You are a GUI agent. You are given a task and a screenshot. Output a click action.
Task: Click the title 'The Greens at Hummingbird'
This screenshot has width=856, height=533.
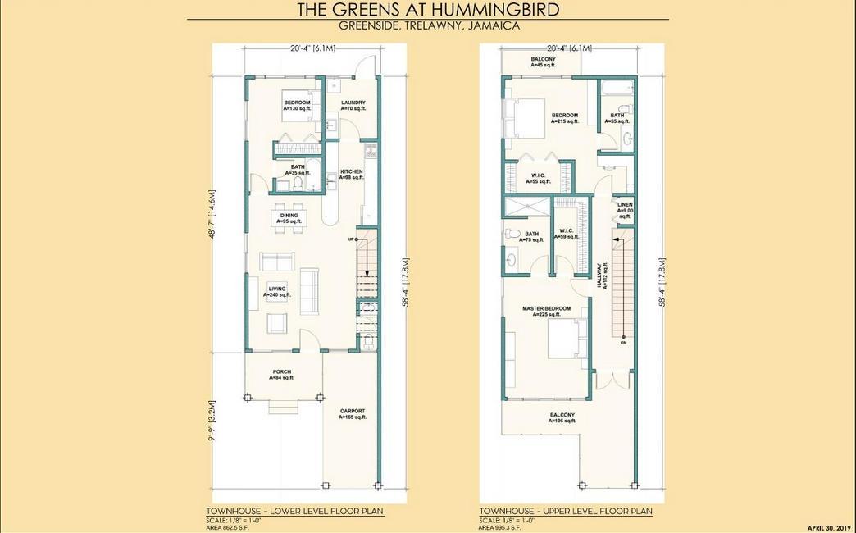[427, 9]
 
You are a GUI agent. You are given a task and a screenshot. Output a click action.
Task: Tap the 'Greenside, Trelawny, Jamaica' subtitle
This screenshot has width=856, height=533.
[427, 25]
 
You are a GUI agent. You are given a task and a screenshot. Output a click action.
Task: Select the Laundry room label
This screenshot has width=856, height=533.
[353, 105]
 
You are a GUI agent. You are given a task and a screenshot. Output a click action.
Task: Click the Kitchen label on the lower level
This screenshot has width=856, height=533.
[351, 174]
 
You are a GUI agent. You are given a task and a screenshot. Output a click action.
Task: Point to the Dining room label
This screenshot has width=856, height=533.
[289, 218]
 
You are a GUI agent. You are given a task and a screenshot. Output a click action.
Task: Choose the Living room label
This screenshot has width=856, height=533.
[277, 291]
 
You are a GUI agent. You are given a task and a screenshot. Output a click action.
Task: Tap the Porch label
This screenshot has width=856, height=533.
[281, 374]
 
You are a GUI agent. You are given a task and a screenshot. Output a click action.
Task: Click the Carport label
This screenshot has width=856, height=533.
[353, 414]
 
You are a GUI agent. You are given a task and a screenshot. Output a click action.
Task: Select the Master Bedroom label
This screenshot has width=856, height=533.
[546, 311]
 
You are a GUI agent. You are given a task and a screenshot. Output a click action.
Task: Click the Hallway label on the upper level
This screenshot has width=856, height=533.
[603, 276]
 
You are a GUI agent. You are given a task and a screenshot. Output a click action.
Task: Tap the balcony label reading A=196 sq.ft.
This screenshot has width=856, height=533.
[562, 417]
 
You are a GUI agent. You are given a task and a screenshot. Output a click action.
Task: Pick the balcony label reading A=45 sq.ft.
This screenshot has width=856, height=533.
[543, 61]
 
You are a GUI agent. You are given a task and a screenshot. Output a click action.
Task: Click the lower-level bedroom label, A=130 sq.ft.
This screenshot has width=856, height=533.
[297, 105]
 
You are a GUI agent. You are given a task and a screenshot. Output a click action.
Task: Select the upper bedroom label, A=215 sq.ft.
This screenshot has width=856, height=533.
[565, 118]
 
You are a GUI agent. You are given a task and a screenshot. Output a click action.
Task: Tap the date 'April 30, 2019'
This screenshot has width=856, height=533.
[829, 527]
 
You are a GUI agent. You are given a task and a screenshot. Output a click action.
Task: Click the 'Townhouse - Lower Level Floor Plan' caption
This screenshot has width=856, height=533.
[294, 511]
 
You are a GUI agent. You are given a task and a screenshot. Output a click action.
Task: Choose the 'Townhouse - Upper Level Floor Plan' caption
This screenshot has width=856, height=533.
[566, 511]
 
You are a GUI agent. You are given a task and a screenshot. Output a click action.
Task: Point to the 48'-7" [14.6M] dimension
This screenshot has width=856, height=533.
[212, 220]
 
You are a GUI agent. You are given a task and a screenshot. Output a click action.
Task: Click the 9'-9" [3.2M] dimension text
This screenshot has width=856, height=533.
[212, 421]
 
